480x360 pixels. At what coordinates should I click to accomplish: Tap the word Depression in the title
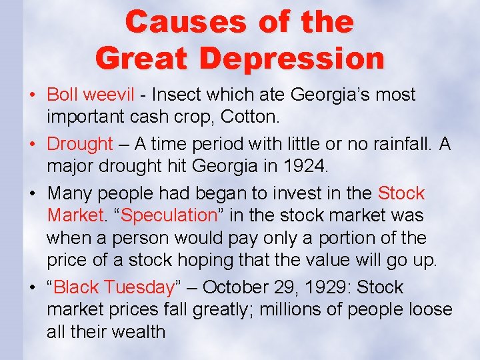pos(292,58)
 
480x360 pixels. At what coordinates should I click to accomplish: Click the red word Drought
pos(80,143)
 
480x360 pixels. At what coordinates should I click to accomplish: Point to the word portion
pos(354,238)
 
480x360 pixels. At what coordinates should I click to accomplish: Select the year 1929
pos(326,287)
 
